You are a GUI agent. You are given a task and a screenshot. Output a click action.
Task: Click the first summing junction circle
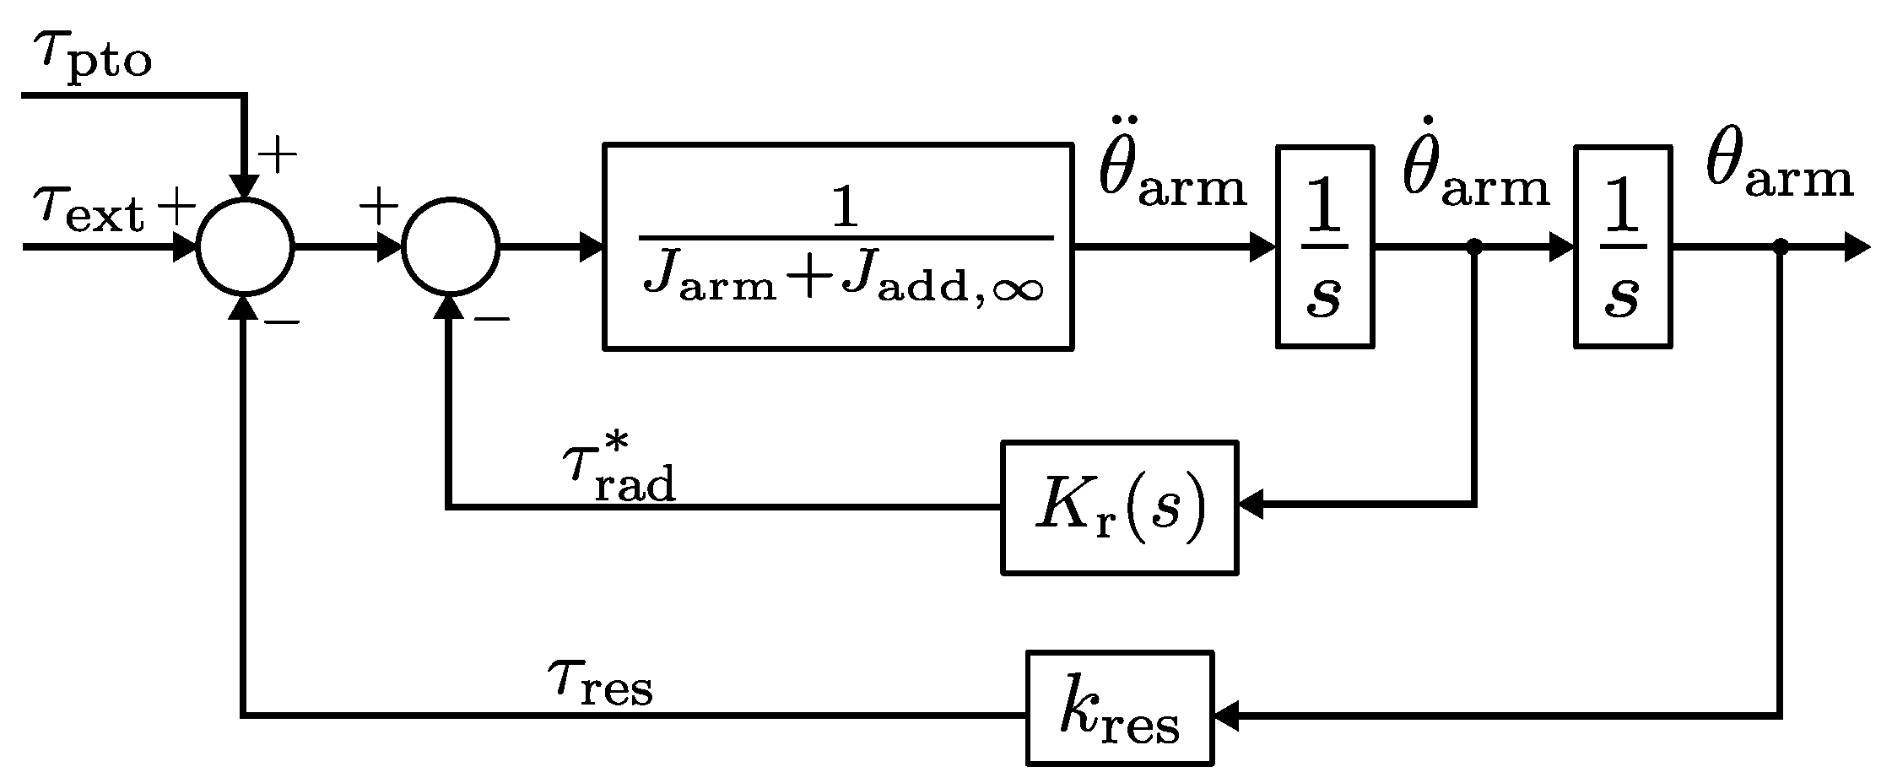coord(245,247)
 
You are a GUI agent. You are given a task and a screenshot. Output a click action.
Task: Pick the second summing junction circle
coord(451,247)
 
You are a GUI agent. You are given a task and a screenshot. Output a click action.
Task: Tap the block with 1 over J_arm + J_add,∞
coord(837,246)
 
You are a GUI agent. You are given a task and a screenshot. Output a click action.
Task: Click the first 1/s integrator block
coord(1323,246)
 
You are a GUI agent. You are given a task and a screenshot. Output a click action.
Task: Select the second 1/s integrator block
coord(1622,246)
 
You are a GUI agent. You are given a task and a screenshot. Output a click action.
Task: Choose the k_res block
coord(1119,708)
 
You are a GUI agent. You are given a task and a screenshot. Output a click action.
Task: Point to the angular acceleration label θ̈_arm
coord(1171,175)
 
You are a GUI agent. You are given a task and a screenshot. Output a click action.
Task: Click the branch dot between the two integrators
coord(1474,246)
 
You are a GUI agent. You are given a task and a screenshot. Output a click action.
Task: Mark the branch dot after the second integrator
coord(1780,246)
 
